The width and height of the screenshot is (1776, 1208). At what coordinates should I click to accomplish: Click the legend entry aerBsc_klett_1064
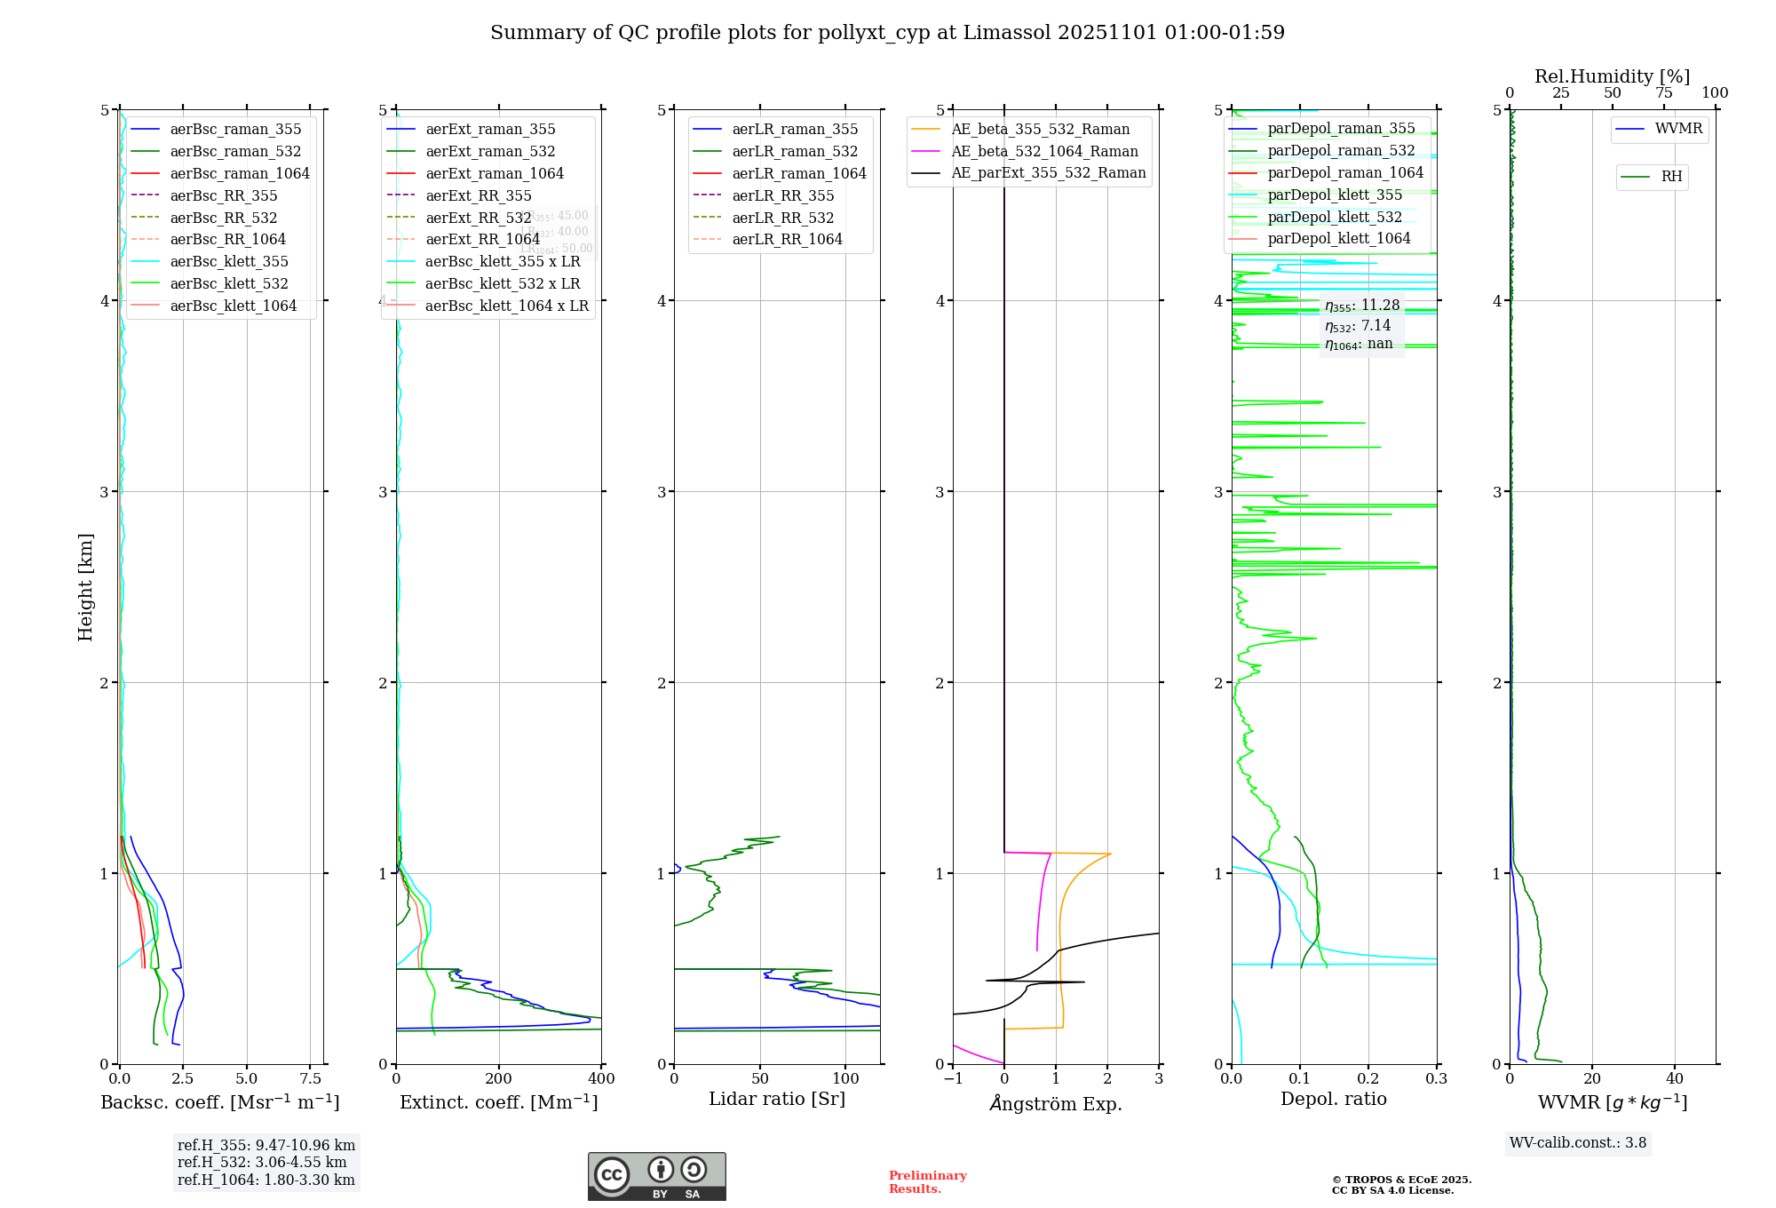tap(233, 306)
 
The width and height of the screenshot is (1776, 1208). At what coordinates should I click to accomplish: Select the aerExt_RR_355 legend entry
tap(478, 195)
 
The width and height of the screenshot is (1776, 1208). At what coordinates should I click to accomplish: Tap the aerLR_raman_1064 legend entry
tap(798, 173)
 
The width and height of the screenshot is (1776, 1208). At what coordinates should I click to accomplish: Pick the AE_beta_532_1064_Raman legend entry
tap(1043, 151)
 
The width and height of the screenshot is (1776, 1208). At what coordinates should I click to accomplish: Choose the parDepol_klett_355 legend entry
tap(1334, 195)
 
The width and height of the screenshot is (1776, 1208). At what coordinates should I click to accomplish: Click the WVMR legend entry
tap(1677, 129)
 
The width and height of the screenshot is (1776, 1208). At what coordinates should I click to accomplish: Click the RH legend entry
tap(1670, 177)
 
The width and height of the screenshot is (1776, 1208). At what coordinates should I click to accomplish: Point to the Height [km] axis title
tap(85, 587)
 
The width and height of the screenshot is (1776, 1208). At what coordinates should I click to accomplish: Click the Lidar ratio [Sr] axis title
tap(776, 1099)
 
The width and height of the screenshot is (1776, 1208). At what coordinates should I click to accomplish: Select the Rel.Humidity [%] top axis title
tap(1612, 76)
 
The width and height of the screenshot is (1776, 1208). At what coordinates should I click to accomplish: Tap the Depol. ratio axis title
tap(1333, 1099)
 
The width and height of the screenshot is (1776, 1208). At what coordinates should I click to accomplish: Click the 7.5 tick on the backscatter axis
tap(310, 1079)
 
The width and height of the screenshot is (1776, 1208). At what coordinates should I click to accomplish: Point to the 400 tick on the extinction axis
tap(601, 1079)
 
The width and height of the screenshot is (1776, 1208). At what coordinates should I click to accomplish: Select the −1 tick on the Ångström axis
tap(953, 1079)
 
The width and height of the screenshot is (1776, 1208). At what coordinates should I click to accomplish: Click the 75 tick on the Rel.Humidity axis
tap(1663, 93)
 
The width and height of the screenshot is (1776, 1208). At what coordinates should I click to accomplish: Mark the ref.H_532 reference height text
tap(262, 1162)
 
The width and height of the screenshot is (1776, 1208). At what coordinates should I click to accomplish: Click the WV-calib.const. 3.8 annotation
tap(1577, 1143)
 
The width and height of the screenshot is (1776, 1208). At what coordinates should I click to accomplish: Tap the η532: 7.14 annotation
tap(1358, 326)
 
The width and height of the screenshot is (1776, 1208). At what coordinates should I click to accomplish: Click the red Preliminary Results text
tap(927, 1182)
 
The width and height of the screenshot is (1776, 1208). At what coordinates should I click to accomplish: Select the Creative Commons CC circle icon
tap(612, 1175)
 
